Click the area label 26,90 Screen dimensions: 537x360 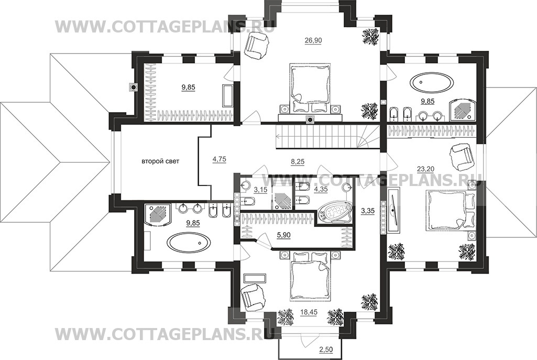[x=313, y=40]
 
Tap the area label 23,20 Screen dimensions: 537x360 [x=425, y=169]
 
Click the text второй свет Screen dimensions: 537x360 [x=160, y=161]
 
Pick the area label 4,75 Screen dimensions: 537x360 [x=219, y=159]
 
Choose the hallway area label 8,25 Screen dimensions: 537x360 [x=298, y=161]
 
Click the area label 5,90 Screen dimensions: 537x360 [x=283, y=235]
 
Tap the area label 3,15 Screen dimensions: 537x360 [x=260, y=189]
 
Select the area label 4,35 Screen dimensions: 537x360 [x=321, y=189]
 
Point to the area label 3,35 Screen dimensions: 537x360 [x=368, y=211]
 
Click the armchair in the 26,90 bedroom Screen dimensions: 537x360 [x=257, y=45]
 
